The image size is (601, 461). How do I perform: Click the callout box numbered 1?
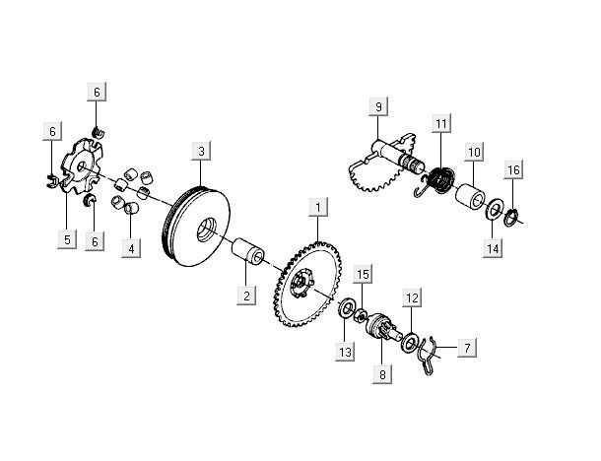pyautogui.click(x=317, y=207)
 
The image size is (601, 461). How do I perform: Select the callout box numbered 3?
pyautogui.click(x=200, y=151)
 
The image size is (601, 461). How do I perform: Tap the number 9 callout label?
pyautogui.click(x=375, y=105)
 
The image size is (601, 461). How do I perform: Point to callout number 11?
pyautogui.click(x=440, y=123)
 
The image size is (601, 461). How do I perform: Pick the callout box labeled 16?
pyautogui.click(x=513, y=170)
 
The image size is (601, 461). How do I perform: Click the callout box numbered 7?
pyautogui.click(x=466, y=347)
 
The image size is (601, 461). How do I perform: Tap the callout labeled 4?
pyautogui.click(x=131, y=248)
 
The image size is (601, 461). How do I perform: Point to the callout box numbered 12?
pyautogui.click(x=413, y=296)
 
